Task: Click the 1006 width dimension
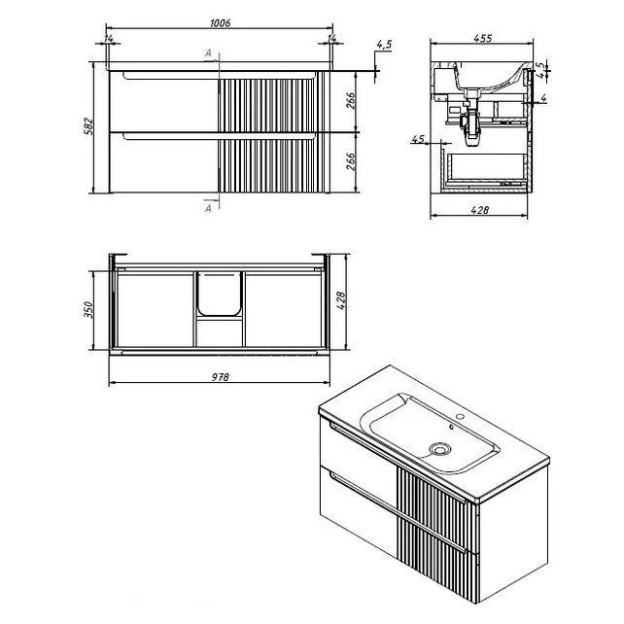(220, 23)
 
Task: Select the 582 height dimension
(88, 126)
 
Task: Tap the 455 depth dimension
(483, 38)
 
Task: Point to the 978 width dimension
(220, 377)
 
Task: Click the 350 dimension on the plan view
(88, 310)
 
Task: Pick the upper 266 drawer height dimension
(350, 101)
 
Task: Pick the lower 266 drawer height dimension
(350, 161)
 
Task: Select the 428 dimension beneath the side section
(479, 210)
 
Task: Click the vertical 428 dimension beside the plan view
(341, 300)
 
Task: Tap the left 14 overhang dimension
(108, 39)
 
